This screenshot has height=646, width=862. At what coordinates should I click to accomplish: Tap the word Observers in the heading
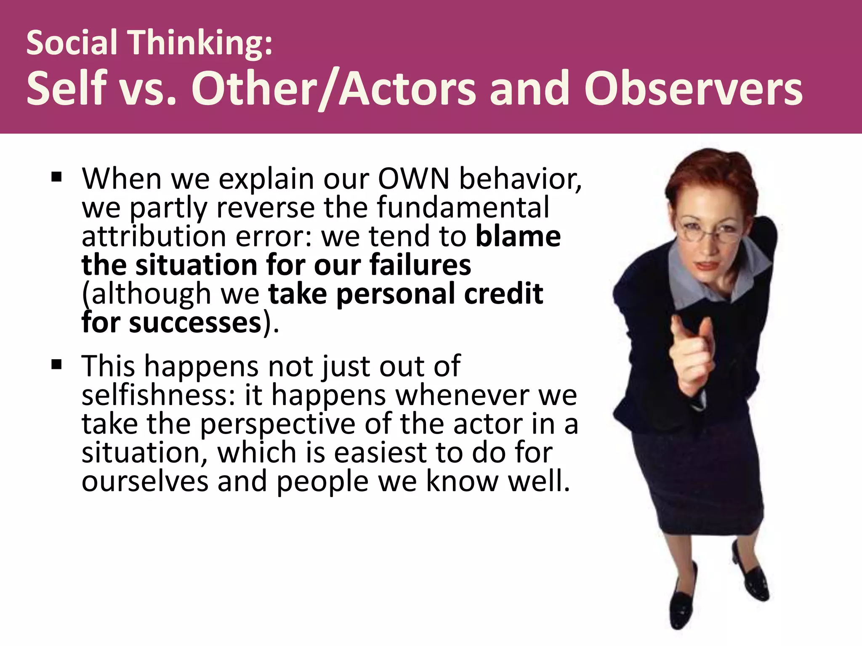pyautogui.click(x=693, y=89)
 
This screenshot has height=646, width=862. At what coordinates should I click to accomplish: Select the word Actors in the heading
pyautogui.click(x=407, y=89)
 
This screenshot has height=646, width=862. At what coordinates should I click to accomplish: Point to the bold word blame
pyautogui.click(x=518, y=236)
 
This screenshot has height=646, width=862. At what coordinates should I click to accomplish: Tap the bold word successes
pyautogui.click(x=195, y=323)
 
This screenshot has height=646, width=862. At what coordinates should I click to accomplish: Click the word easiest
pyautogui.click(x=380, y=453)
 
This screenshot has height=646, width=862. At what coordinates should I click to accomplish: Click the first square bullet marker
pyautogui.click(x=56, y=177)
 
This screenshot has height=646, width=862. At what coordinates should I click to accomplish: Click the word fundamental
pyautogui.click(x=463, y=208)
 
